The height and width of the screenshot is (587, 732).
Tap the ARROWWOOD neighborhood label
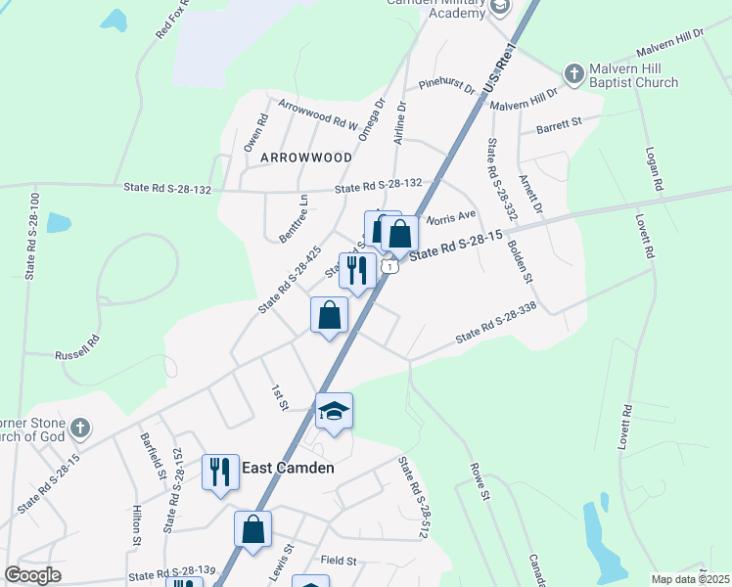[305, 158]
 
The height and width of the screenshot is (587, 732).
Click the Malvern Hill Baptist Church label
[633, 76]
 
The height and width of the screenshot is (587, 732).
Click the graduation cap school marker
[334, 411]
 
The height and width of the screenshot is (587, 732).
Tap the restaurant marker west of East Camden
[220, 472]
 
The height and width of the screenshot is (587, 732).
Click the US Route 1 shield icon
[390, 267]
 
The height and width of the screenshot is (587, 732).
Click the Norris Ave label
[450, 215]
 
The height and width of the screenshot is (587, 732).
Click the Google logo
[32, 574]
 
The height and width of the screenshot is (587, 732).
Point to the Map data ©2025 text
[691, 579]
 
